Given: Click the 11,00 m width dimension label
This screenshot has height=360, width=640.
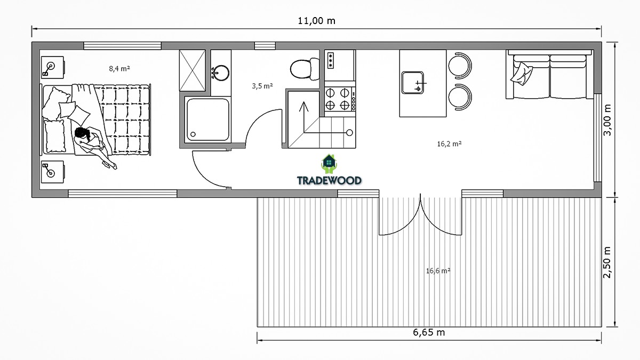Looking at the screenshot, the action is coord(316,21).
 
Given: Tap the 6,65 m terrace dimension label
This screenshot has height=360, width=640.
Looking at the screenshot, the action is coord(429,332).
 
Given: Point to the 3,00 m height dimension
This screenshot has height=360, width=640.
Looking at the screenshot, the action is coord(607,119).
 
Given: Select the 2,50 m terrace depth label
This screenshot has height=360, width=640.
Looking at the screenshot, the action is coord(607,262).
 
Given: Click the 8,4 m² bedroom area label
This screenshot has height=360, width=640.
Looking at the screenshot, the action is coord(119,69).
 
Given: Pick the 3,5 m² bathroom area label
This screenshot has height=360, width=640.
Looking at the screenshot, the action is coord(262,86).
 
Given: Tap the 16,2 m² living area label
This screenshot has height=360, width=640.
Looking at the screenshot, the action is coord(450,143).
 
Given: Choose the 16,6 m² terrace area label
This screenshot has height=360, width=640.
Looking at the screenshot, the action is coord(438,270).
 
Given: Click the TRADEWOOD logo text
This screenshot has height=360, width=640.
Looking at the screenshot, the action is coord(329,181).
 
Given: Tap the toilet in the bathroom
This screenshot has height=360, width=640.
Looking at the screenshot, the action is coord(305,69).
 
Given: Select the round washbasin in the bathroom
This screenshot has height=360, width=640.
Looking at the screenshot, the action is coord(220,73).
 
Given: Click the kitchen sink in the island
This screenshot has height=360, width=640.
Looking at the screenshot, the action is coord(413,83).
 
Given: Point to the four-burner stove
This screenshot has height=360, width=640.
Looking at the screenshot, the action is coord(340,99).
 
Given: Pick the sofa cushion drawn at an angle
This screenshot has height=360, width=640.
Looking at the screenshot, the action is coord(522,73).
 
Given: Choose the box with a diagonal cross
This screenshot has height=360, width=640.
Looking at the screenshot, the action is coord(193,70).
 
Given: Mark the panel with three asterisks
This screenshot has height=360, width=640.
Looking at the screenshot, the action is coord(331,61).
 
